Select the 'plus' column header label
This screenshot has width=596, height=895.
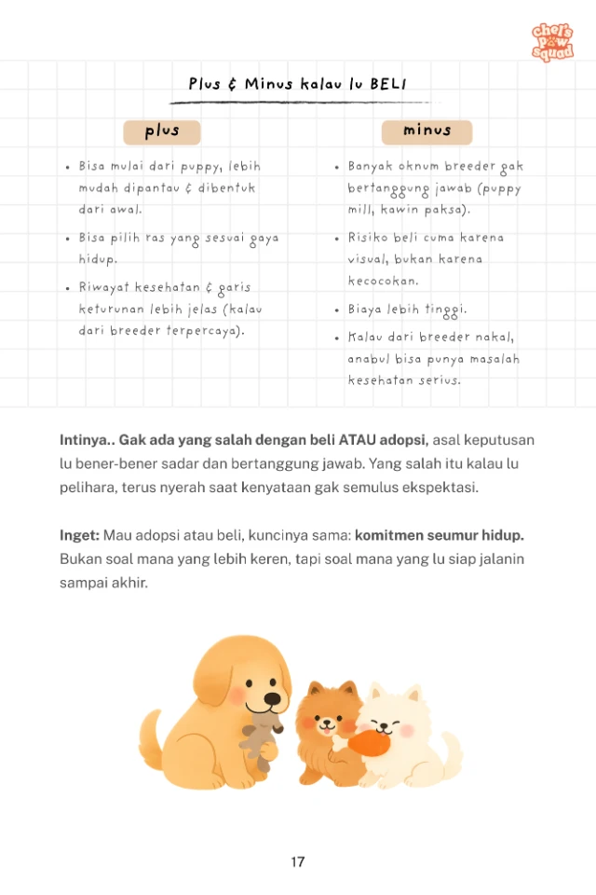click(162, 131)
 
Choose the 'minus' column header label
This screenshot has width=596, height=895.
click(427, 131)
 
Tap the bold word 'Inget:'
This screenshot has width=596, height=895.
click(79, 535)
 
